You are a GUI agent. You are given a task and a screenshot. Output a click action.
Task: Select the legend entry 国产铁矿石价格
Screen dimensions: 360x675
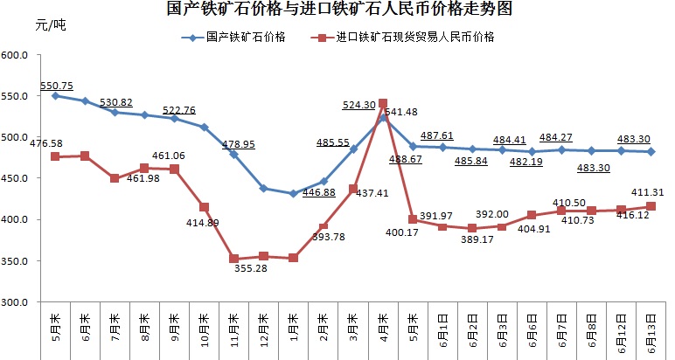coord(241,38)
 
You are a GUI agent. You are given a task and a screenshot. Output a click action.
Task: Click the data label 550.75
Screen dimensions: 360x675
coord(57,85)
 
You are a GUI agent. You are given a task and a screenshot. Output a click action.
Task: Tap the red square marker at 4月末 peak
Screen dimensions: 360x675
coord(383,104)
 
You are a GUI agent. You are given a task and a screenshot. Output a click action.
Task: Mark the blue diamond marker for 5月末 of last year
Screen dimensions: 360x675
coord(55,95)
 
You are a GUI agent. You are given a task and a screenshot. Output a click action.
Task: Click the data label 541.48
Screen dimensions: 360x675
coord(403,112)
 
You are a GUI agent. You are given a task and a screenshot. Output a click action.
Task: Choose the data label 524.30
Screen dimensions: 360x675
coord(360,105)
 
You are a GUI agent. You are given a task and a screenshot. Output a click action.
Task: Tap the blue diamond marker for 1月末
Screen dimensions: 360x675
coord(293,194)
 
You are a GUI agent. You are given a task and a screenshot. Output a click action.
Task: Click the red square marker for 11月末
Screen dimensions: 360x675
coord(233,259)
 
